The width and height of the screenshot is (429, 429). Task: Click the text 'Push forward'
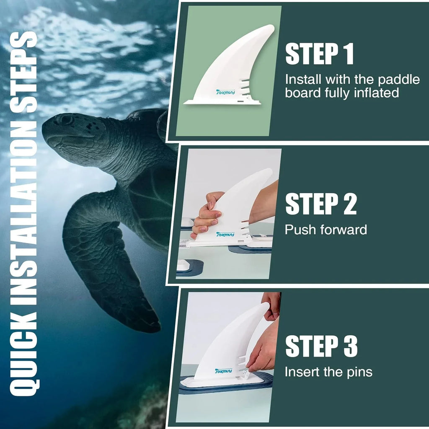[x=326, y=229]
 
